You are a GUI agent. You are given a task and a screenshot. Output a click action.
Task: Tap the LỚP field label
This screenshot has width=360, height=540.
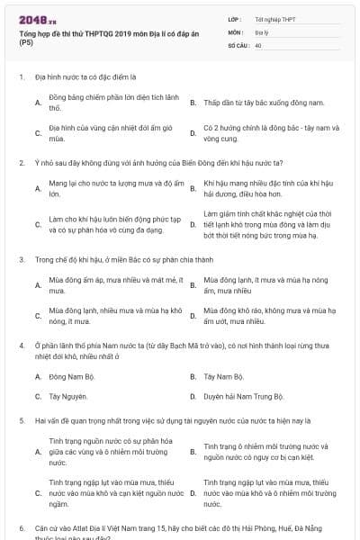pyautogui.click(x=235, y=18)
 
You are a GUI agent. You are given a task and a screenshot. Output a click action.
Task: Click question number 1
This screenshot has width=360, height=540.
pyautogui.click(x=21, y=78)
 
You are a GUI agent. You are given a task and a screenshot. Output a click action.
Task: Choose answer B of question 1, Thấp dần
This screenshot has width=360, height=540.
pyautogui.click(x=264, y=103)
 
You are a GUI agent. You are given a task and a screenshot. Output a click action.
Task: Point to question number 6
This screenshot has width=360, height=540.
pyautogui.click(x=21, y=526)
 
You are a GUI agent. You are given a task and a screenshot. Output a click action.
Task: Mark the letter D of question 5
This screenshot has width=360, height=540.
pyautogui.click(x=193, y=493)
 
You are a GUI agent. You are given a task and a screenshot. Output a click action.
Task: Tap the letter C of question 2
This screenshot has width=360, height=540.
pyautogui.click(x=38, y=224)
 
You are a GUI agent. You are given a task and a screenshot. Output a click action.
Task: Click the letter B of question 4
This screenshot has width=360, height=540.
pyautogui.click(x=193, y=375)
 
